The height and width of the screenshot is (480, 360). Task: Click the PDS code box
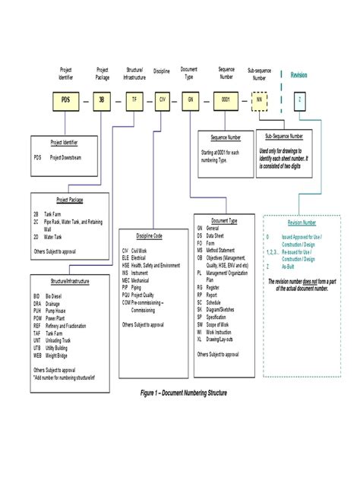point(65,99)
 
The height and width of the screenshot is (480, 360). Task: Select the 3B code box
point(102,99)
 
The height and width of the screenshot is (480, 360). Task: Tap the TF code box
point(134,99)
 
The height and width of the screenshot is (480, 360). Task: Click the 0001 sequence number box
point(226,99)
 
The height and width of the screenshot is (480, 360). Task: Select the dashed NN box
point(260,99)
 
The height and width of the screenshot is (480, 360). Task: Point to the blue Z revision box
point(302,99)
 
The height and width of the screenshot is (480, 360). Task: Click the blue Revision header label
point(302,74)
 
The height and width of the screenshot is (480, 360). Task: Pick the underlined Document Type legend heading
point(222,220)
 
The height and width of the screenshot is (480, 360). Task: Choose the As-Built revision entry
point(287,267)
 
